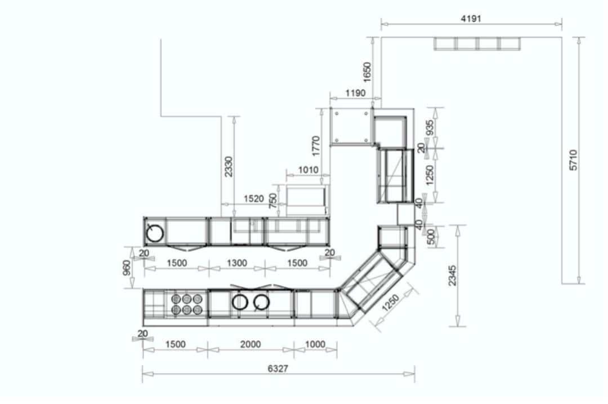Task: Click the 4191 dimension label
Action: click(x=471, y=18)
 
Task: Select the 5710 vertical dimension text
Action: click(x=573, y=161)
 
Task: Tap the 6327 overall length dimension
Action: click(x=279, y=368)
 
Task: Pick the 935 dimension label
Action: click(x=430, y=128)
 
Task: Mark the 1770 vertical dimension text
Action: click(x=316, y=146)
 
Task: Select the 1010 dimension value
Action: click(x=307, y=170)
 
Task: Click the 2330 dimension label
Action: click(x=229, y=166)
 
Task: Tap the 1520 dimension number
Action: click(x=253, y=198)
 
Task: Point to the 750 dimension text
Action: click(x=273, y=201)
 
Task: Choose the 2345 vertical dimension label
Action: click(x=453, y=276)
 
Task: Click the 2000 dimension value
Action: click(x=250, y=344)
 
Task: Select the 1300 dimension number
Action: click(x=236, y=263)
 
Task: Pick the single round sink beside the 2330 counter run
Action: click(x=155, y=232)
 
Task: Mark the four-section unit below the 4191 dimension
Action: click(x=477, y=44)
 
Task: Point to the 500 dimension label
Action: click(x=431, y=237)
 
